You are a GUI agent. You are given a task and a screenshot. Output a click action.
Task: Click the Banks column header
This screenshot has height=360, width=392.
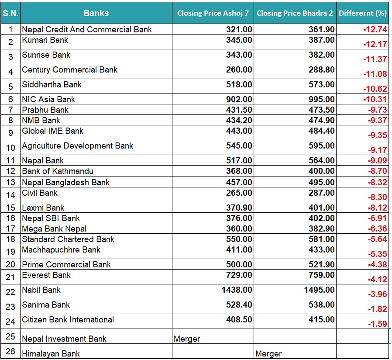click(x=96, y=13)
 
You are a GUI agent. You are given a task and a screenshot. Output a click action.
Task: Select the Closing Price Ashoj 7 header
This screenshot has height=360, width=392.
click(x=213, y=13)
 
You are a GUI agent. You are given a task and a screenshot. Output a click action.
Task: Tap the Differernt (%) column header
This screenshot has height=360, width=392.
click(x=362, y=13)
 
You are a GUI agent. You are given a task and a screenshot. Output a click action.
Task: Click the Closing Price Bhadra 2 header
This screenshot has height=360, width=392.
click(x=295, y=13)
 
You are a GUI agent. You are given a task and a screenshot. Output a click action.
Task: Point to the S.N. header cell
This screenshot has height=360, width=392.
click(x=10, y=13)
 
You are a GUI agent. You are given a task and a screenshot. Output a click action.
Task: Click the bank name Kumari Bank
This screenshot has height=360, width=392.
click(x=45, y=40)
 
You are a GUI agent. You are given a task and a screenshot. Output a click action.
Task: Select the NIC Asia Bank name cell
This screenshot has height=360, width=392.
click(x=48, y=99)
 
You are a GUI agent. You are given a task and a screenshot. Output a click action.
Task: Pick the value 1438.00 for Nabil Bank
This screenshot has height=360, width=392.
click(x=237, y=290)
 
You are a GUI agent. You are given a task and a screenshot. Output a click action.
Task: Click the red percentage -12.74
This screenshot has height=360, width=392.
click(x=375, y=30)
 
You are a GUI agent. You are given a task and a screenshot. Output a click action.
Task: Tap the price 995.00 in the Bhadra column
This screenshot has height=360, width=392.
click(x=321, y=99)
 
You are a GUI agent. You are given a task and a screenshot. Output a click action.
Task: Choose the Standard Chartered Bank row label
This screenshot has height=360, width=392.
click(x=68, y=239)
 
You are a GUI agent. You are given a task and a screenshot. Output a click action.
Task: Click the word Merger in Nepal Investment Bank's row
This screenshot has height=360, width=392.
click(x=187, y=339)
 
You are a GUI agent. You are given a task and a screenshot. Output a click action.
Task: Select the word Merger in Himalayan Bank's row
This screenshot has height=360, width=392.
click(x=268, y=354)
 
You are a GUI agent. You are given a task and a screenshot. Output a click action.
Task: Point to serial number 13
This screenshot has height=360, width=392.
click(x=10, y=182)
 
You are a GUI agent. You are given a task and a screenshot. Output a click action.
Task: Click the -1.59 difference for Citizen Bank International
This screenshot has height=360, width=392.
click(x=377, y=324)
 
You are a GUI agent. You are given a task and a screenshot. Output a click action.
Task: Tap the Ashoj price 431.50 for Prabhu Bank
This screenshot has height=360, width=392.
click(x=239, y=110)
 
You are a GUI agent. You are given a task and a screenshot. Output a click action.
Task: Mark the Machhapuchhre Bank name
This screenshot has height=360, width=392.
click(x=61, y=249)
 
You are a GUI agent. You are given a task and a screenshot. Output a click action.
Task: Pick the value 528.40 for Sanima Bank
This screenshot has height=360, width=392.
click(x=239, y=305)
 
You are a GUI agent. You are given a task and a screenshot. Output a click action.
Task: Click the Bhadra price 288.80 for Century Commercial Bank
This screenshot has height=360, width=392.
click(x=321, y=69)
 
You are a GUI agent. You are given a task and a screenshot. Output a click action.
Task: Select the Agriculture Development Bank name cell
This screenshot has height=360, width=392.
click(x=78, y=146)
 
